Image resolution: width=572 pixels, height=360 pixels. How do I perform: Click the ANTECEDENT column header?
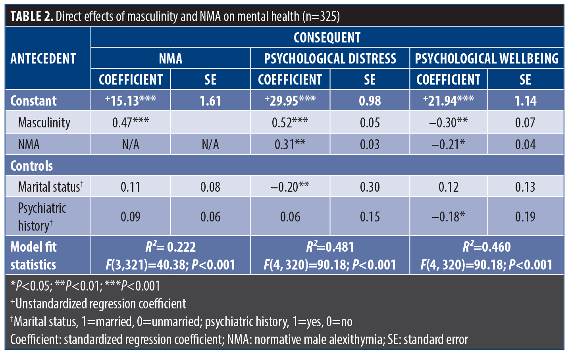click(43, 58)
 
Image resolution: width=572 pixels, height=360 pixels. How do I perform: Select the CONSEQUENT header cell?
click(327, 38)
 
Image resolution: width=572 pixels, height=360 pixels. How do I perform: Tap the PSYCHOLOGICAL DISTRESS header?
click(330, 58)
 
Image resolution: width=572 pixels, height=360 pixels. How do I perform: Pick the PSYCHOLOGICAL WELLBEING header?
click(487, 58)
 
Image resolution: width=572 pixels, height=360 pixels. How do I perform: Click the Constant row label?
click(33, 100)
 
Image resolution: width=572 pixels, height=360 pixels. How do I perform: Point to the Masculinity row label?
click(44, 123)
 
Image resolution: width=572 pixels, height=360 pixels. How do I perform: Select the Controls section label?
click(31, 166)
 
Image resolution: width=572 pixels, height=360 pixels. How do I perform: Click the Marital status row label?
click(50, 187)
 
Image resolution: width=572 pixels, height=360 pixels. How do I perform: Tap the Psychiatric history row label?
click(42, 217)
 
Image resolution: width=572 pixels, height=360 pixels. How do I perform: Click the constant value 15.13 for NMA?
click(131, 100)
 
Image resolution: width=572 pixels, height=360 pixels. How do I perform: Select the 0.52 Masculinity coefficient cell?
click(290, 123)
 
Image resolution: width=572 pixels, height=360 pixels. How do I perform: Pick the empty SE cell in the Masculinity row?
click(210, 122)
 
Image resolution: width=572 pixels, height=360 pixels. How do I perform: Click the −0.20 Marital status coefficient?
click(290, 187)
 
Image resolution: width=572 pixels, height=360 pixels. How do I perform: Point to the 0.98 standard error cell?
click(370, 100)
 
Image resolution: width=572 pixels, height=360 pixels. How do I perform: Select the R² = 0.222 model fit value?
click(171, 246)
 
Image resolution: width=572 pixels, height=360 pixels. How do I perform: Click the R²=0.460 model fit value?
click(487, 246)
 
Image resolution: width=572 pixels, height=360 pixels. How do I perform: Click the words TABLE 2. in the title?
click(32, 16)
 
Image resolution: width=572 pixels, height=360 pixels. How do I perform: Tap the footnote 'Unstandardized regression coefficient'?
click(98, 304)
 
